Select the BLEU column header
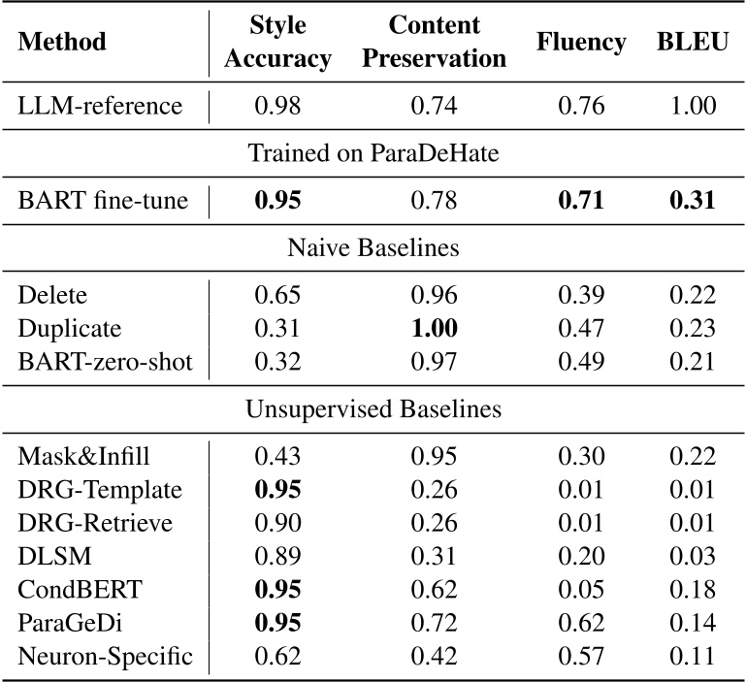pyautogui.click(x=692, y=43)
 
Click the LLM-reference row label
pyautogui.click(x=100, y=105)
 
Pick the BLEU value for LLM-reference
pyautogui.click(x=692, y=105)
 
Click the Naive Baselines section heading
pyautogui.click(x=373, y=247)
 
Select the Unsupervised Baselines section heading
pyautogui.click(x=373, y=408)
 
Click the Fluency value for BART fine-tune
pyautogui.click(x=580, y=201)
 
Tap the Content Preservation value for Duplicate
pyautogui.click(x=434, y=328)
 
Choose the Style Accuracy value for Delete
pyautogui.click(x=277, y=295)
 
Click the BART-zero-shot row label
pyautogui.click(x=105, y=361)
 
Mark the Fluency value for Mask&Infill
pyautogui.click(x=580, y=455)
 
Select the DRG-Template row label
pyautogui.click(x=100, y=488)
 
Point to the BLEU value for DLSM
pyautogui.click(x=692, y=555)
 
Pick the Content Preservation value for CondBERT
pyautogui.click(x=434, y=589)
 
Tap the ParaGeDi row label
pyautogui.click(x=68, y=622)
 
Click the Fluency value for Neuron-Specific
pyautogui.click(x=580, y=656)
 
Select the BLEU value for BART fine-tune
pyautogui.click(x=692, y=201)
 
